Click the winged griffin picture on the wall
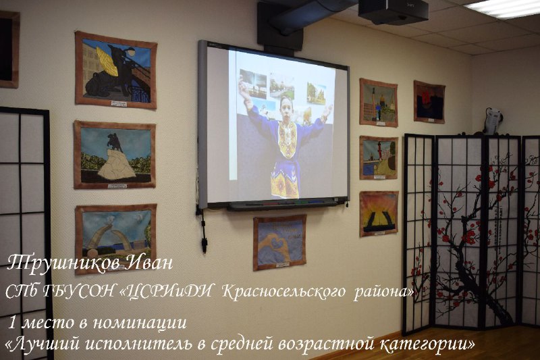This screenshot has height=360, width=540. click(116, 70)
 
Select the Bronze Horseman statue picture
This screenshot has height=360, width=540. click(115, 155)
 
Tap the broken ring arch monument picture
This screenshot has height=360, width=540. click(115, 238)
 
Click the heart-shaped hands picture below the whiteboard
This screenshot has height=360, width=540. click(279, 242)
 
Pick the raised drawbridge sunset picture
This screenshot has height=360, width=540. click(379, 213)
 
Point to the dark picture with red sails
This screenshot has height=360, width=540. click(429, 102)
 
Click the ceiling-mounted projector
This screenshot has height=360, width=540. click(394, 11)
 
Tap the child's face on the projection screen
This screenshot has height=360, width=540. click(286, 108)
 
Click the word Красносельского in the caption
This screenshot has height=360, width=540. click(283, 292)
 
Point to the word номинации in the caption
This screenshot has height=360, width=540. click(140, 323)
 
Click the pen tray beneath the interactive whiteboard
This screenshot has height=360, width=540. click(282, 205)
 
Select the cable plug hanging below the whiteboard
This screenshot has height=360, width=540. click(205, 245)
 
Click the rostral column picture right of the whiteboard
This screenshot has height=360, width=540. click(379, 157)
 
